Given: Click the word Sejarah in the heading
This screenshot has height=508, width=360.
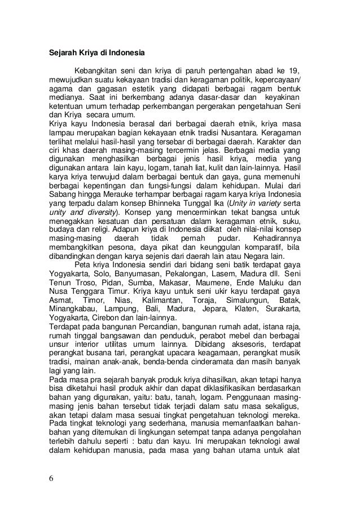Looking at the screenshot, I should tap(60, 54).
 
